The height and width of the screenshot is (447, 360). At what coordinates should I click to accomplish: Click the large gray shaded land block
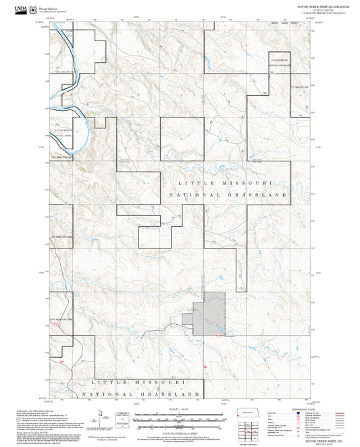(x=209, y=314)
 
